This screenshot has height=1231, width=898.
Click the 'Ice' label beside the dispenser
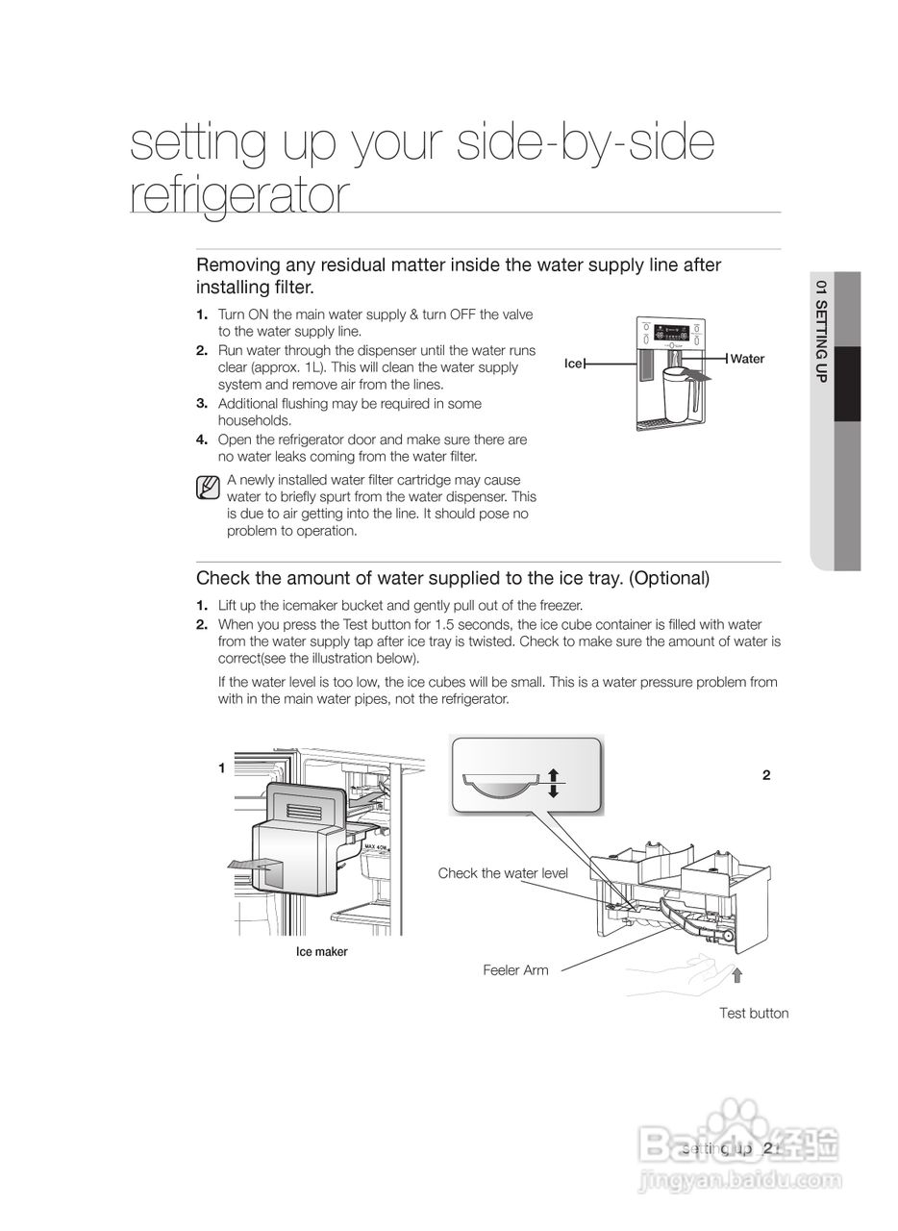(x=573, y=364)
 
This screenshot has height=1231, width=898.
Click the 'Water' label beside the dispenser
(x=747, y=359)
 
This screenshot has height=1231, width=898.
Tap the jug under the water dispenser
(x=677, y=389)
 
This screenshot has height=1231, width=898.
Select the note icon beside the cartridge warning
(x=207, y=489)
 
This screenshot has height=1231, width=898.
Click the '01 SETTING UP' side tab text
(x=820, y=332)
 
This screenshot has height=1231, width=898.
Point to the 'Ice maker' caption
(x=321, y=952)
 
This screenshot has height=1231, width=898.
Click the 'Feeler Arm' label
(x=515, y=970)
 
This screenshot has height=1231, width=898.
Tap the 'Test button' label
(x=754, y=1013)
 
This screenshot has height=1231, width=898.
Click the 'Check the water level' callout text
(x=503, y=873)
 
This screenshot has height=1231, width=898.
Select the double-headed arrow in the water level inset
(x=554, y=783)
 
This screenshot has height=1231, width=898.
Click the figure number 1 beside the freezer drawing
(x=221, y=767)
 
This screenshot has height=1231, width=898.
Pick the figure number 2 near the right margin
(x=766, y=775)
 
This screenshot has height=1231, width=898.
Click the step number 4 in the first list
(x=202, y=440)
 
